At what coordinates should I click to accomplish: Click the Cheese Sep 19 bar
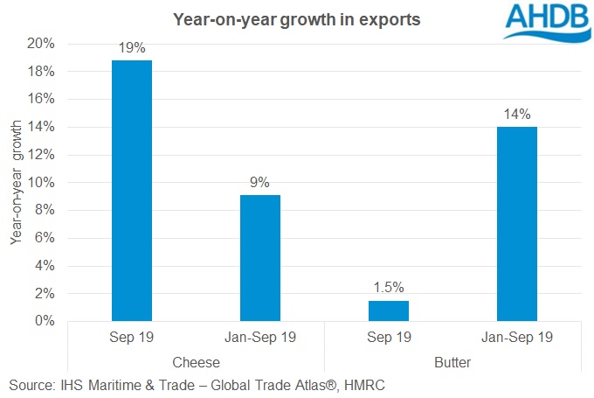click(x=132, y=191)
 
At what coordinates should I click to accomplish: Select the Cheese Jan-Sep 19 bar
click(x=260, y=258)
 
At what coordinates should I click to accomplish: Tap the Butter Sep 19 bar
click(x=389, y=311)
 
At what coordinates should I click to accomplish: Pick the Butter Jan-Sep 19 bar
click(x=517, y=224)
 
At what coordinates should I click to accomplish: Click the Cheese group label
click(x=196, y=360)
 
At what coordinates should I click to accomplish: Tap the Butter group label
click(x=452, y=360)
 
